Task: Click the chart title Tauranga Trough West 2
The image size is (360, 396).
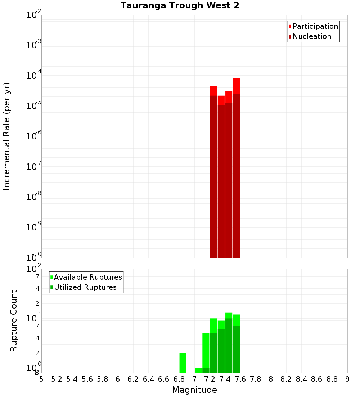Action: coord(180,6)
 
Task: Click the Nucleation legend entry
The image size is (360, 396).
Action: coord(312,37)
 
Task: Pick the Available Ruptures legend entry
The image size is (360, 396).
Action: coord(88,278)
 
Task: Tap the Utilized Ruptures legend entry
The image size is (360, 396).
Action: coord(85,288)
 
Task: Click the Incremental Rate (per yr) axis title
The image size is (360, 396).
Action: coord(7,136)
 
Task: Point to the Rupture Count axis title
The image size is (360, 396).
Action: coord(14,321)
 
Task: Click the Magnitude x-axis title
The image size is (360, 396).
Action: coord(194,390)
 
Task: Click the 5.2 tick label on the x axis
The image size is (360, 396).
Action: coord(57,379)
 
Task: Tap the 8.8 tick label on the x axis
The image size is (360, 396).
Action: coord(332,379)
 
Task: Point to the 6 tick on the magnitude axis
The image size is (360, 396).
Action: coord(118,379)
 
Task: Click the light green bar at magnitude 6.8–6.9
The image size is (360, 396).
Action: coord(183,363)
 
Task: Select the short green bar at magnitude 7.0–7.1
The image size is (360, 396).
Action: coord(198,370)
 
